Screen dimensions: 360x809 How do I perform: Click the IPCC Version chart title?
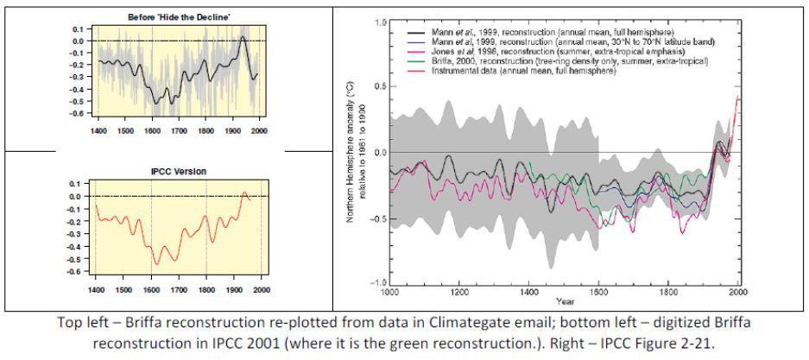pos(180,171)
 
